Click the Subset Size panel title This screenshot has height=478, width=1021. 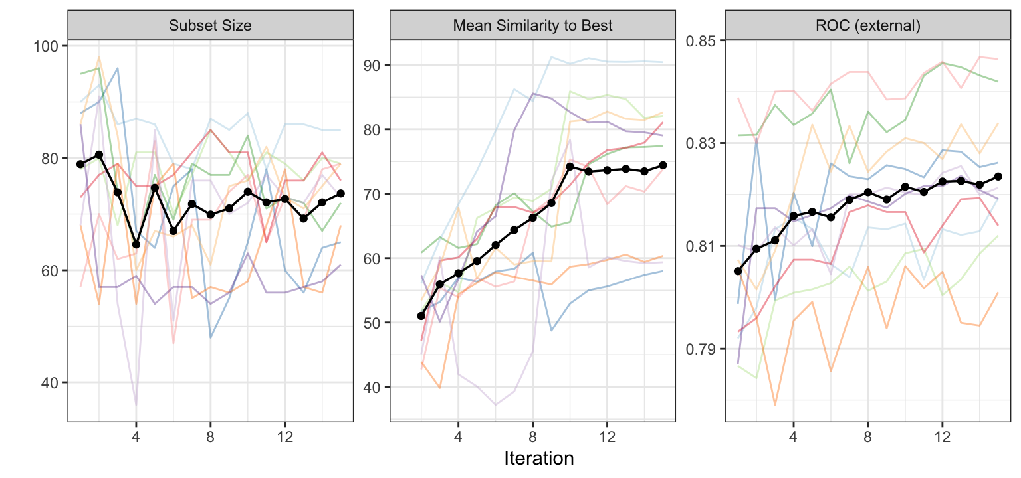210,26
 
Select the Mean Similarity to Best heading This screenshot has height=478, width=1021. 532,26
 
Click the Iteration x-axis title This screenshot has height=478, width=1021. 539,458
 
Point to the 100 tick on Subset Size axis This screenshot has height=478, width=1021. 49,46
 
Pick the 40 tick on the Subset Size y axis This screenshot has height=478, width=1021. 53,382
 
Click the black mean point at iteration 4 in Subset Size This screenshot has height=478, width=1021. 136,244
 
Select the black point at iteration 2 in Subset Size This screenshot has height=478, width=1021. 99,155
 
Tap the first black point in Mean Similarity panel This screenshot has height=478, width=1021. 421,316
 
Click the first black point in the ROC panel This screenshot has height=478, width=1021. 737,271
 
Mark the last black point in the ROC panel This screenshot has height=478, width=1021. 998,177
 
